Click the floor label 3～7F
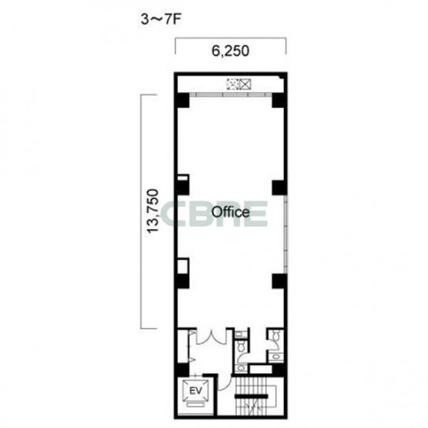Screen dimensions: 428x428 point(161,20)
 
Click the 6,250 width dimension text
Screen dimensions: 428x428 point(231,51)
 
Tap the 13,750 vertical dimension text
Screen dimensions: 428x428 point(153,211)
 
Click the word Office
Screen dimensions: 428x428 point(231,212)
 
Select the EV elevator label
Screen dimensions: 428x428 point(196,390)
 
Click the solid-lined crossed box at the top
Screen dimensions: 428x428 point(245,84)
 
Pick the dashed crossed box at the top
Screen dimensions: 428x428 point(234,84)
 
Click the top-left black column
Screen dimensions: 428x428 point(182,101)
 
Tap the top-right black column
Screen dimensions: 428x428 point(279,101)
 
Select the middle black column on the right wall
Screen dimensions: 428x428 point(279,188)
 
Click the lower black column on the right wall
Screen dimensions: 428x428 point(279,282)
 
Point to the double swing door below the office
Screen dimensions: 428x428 point(211,337)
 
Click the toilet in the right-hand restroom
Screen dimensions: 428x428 point(276,335)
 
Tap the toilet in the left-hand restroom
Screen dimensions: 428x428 point(241,347)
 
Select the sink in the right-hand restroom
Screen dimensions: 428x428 point(275,356)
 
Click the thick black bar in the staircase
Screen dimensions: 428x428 point(252,396)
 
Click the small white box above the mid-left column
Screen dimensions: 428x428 point(183,178)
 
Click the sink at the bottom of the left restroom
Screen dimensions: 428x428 point(241,368)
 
